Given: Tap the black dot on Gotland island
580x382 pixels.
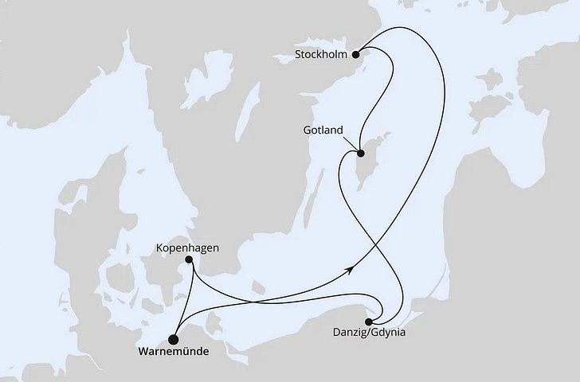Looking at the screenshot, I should (x=360, y=154).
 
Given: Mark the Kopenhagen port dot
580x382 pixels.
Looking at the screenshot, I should (x=189, y=259).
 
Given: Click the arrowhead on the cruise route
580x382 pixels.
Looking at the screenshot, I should (x=349, y=271).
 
